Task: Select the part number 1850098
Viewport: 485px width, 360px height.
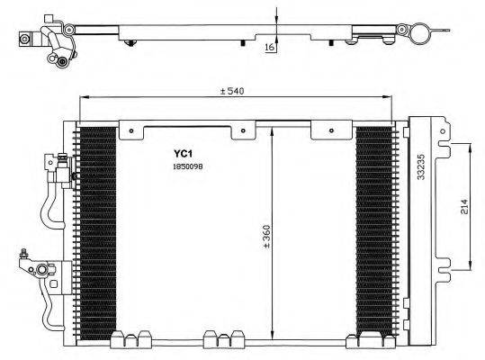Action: coord(190,166)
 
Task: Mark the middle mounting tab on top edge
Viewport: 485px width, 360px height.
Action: coord(242,132)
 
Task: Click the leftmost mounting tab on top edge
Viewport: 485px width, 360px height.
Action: coord(133,131)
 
